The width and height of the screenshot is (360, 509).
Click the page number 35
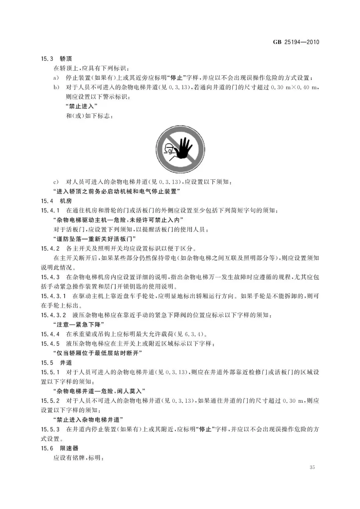coord(312,467)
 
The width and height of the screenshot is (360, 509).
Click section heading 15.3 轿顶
coord(56,59)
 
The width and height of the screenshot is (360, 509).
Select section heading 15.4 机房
coord(56,201)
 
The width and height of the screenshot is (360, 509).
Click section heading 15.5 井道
coord(56,363)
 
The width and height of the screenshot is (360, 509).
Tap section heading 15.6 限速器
coord(59,448)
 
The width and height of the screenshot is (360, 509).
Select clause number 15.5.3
coord(50,429)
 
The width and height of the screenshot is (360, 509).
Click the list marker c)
coord(56,182)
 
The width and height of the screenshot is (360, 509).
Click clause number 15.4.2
coord(50,249)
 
